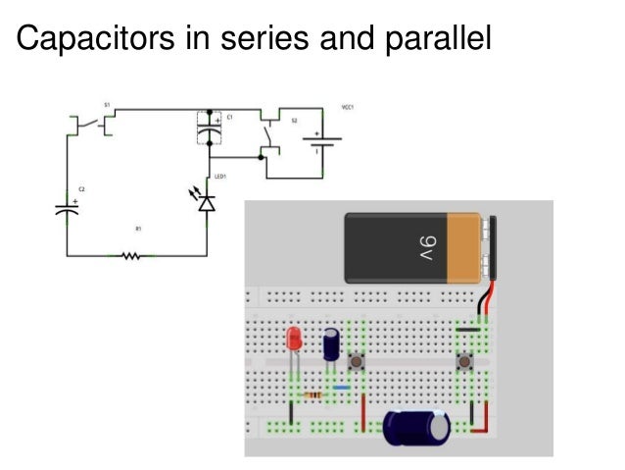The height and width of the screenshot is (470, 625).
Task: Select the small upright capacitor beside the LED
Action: (x=333, y=343)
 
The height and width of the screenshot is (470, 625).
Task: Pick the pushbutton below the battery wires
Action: (x=467, y=364)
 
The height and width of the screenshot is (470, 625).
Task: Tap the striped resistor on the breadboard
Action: (x=312, y=394)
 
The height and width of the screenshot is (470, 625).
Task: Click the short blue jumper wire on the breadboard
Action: (x=341, y=388)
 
